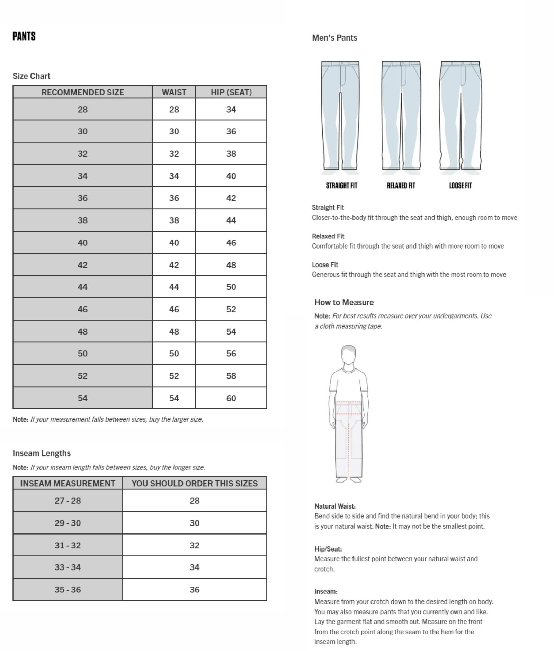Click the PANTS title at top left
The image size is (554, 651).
[24, 36]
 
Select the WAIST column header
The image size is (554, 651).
[174, 92]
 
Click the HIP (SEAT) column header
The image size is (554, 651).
[231, 92]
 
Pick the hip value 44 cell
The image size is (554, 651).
[231, 220]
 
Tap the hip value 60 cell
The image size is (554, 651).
[231, 398]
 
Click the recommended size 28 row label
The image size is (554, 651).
[82, 110]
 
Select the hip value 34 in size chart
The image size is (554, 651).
[231, 110]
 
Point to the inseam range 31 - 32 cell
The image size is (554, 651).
[68, 545]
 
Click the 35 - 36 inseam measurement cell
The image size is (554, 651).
[68, 590]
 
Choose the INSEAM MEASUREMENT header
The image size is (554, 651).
[68, 484]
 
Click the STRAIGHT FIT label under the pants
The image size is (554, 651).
[341, 185]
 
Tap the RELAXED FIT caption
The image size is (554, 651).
[401, 185]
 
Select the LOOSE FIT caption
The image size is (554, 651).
[460, 185]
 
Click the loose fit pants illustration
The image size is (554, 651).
[460, 116]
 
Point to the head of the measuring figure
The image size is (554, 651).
[348, 354]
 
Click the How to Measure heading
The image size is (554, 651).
[344, 302]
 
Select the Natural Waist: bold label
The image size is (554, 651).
[335, 506]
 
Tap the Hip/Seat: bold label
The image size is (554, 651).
[328, 549]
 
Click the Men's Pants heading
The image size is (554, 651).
[334, 38]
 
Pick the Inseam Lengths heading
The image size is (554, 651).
[42, 453]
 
